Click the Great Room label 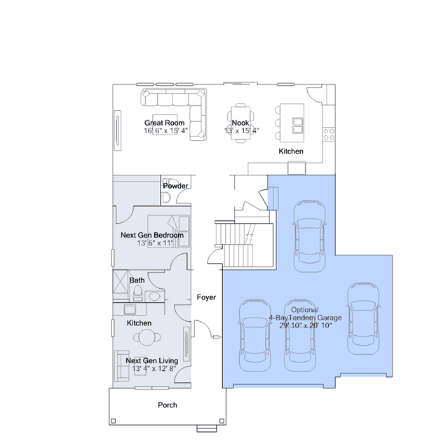click(164, 123)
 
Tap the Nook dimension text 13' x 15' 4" click(242, 130)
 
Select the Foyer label click(206, 297)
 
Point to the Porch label click(168, 405)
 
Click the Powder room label click(175, 186)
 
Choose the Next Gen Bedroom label click(152, 235)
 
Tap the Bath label click(137, 280)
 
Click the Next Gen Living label click(152, 360)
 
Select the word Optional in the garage click(305, 310)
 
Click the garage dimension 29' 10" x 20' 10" click(306, 325)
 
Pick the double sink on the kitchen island click(297, 125)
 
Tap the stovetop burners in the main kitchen click(329, 135)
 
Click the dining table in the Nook click(240, 123)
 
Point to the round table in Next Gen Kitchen click(147, 337)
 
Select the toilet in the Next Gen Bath click(137, 294)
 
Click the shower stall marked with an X click(121, 281)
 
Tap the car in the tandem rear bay click(309, 236)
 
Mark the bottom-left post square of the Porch click(114, 421)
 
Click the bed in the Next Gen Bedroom click(168, 231)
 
